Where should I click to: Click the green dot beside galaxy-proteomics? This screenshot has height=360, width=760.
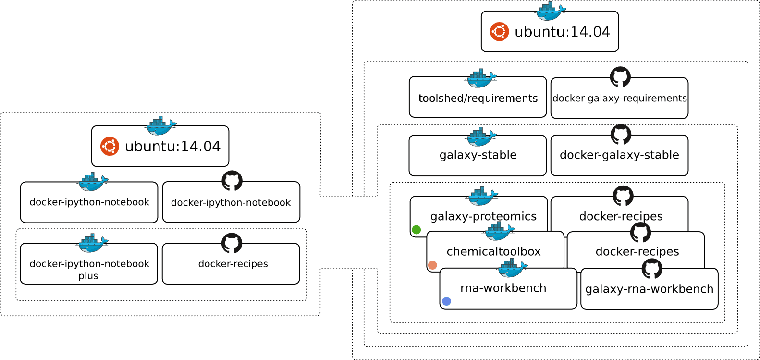(x=417, y=230)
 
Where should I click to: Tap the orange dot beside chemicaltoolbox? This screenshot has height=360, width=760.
(x=432, y=265)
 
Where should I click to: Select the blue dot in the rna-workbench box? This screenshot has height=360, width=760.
(x=446, y=301)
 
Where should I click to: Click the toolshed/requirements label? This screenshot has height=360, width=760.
(x=478, y=99)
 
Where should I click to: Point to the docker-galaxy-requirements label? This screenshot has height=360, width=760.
(x=620, y=99)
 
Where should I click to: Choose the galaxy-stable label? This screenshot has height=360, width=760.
(x=478, y=155)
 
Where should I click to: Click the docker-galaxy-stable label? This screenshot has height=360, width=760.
(x=619, y=155)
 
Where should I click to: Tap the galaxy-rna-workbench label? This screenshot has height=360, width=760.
(x=650, y=289)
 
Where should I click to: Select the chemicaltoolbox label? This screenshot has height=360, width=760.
(x=493, y=252)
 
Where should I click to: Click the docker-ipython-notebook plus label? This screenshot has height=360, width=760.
(x=89, y=270)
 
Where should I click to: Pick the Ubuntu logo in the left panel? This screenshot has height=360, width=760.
(x=110, y=146)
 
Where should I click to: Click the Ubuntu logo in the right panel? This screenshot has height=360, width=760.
(x=499, y=32)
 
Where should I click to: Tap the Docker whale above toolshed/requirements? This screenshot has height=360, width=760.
(x=480, y=78)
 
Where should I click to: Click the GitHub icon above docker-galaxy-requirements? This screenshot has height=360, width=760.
(x=620, y=77)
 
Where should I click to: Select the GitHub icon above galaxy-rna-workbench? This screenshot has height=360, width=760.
(x=652, y=269)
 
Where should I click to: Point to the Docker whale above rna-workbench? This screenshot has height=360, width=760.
(x=512, y=268)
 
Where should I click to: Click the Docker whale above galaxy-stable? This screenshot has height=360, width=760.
(x=480, y=137)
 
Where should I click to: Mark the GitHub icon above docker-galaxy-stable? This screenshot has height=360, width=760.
(x=621, y=135)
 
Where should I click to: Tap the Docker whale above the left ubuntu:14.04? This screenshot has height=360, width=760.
(x=160, y=126)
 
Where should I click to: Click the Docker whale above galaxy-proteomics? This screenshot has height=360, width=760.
(x=482, y=196)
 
